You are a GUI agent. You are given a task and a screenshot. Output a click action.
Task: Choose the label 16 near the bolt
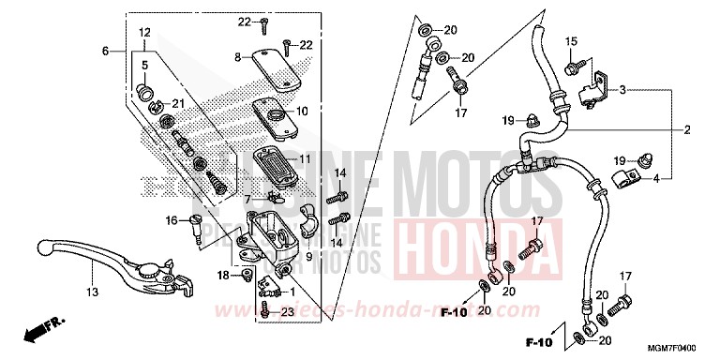172,221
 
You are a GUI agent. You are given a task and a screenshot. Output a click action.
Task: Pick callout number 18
223,275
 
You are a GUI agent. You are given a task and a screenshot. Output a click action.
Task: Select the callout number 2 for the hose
686,129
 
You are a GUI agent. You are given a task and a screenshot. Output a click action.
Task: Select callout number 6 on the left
106,50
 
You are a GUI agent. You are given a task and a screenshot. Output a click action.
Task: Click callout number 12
144,33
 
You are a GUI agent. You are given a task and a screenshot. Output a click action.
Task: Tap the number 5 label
144,65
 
